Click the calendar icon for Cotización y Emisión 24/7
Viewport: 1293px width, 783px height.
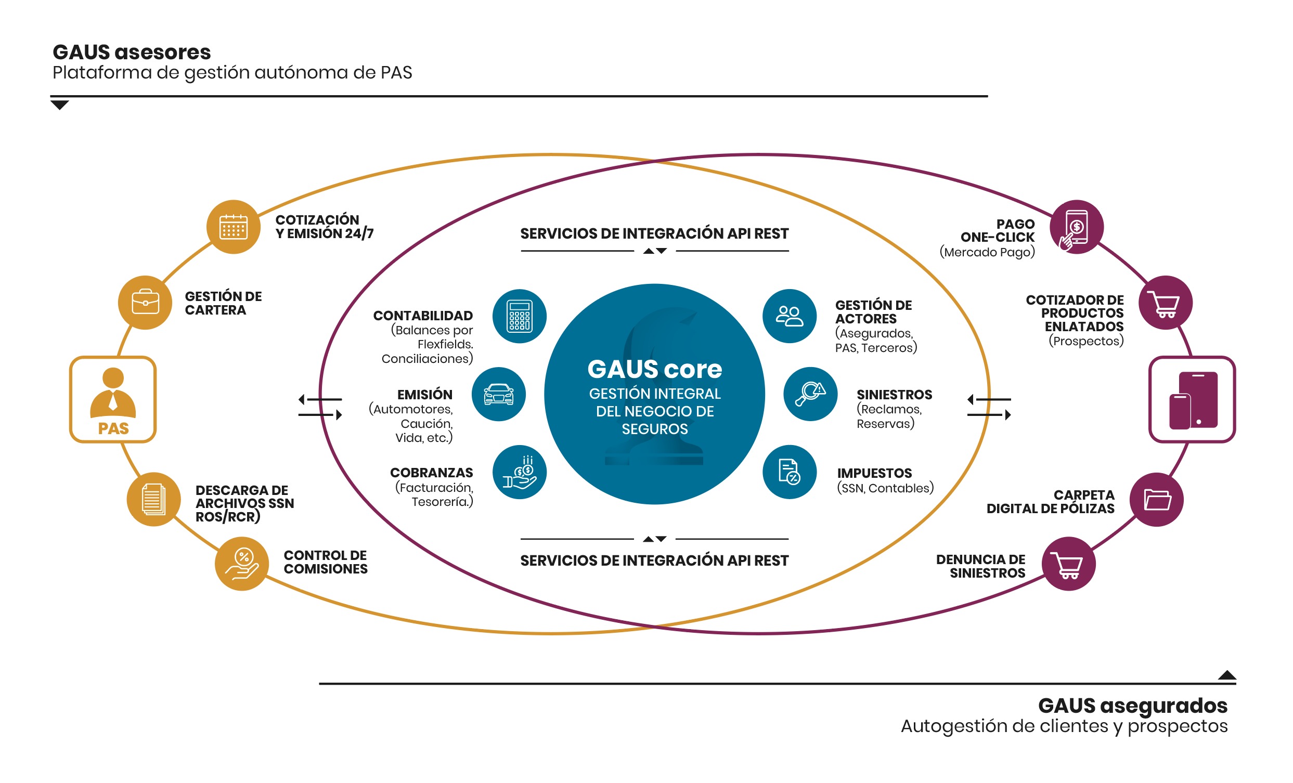234,227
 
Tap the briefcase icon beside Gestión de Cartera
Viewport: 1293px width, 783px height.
145,303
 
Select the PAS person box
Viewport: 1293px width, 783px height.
113,400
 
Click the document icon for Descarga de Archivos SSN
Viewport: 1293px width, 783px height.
154,499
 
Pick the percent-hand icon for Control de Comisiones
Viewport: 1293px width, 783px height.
242,564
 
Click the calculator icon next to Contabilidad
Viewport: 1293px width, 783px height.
520,316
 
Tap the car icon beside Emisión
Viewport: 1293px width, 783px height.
498,394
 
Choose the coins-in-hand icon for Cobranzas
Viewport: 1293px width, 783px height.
520,472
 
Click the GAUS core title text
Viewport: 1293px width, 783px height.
654,369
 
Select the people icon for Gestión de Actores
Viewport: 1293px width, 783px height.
790,316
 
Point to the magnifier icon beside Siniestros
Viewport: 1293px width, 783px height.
811,394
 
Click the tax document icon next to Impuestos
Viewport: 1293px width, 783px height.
790,472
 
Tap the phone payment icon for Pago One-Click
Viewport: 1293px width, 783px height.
1077,227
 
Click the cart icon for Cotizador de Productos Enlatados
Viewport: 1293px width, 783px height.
1166,303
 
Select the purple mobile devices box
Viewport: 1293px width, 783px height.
1192,400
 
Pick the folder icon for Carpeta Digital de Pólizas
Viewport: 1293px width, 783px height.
1157,499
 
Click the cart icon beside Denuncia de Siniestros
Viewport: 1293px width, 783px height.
1068,564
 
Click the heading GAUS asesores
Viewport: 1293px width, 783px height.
132,52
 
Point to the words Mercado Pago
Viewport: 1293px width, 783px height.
987,252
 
